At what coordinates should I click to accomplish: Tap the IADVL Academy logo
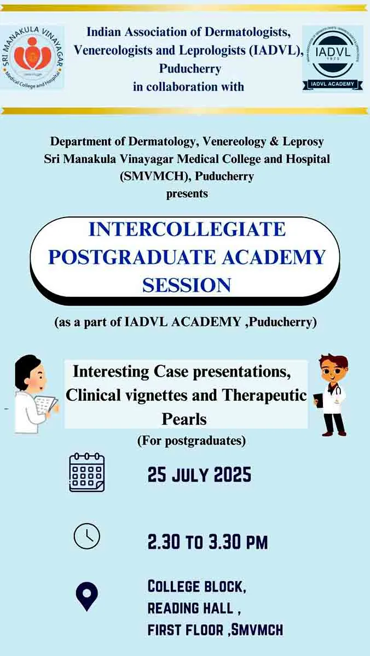click(x=333, y=58)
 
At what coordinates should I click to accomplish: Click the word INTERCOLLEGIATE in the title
click(x=187, y=229)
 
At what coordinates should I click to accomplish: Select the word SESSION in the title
click(x=187, y=285)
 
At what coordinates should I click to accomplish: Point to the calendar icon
click(x=87, y=472)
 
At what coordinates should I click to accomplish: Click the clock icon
click(x=87, y=536)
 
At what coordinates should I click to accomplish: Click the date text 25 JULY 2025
click(x=199, y=475)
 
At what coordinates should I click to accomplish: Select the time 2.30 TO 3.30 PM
click(x=207, y=542)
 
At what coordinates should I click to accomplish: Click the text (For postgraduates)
click(x=192, y=441)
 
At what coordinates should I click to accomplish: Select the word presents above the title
click(x=187, y=194)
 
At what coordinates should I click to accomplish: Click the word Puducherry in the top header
click(x=190, y=69)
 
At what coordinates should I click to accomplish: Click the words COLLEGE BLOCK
click(x=196, y=586)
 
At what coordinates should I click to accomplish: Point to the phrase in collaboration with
click(x=188, y=87)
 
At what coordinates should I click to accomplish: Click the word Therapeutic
click(x=264, y=395)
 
